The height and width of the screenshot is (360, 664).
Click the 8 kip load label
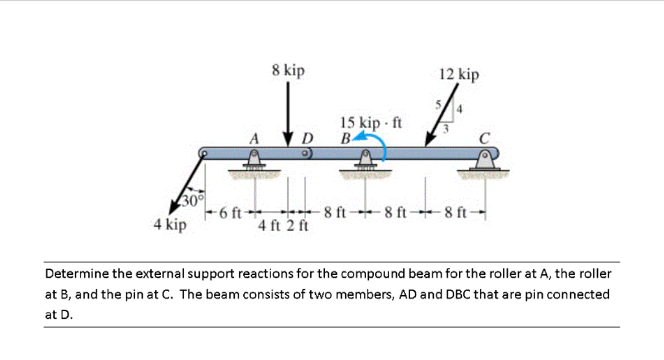coord(289,71)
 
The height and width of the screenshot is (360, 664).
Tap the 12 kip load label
coord(459,75)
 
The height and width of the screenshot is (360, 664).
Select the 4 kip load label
coord(170,225)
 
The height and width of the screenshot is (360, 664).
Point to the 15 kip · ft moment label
coord(372,122)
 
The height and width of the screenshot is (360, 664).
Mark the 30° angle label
coord(192,199)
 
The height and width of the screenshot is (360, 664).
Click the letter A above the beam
coord(254,138)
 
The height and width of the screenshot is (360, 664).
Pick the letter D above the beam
coord(307,138)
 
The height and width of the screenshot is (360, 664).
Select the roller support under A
coord(254,162)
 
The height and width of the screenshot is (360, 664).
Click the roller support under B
coord(366,162)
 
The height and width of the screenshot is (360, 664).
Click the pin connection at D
coord(303,154)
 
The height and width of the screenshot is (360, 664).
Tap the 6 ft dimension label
coord(230,212)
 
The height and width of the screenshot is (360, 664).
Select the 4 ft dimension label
coord(268,226)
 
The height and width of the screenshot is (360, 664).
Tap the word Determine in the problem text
coord(77,274)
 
